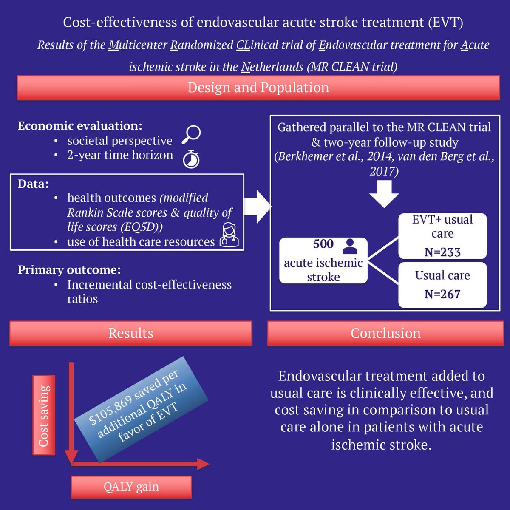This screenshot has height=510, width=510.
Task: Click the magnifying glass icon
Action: coord(191,135)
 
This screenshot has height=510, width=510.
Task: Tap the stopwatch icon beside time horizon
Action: coord(191,159)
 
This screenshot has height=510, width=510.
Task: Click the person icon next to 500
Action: coord(350,245)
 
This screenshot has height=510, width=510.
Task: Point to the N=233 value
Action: coord(442,252)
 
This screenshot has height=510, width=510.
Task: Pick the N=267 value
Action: coord(442,294)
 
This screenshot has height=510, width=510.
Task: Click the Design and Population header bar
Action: coord(258,88)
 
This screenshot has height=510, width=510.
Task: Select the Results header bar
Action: coord(130,333)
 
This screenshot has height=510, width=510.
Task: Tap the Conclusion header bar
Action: coord(385,333)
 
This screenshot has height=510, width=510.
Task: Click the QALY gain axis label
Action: coord(131,487)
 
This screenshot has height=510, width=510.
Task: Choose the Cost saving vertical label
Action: coord(44,415)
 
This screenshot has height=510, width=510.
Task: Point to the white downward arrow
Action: coord(384,194)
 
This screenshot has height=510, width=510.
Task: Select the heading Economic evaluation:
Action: coord(80,126)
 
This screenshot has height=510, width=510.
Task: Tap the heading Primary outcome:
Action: coord(69,270)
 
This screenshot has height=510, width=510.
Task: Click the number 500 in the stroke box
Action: coord(323,244)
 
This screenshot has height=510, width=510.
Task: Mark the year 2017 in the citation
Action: coord(384,171)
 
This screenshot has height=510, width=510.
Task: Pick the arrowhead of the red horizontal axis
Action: coord(203,464)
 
